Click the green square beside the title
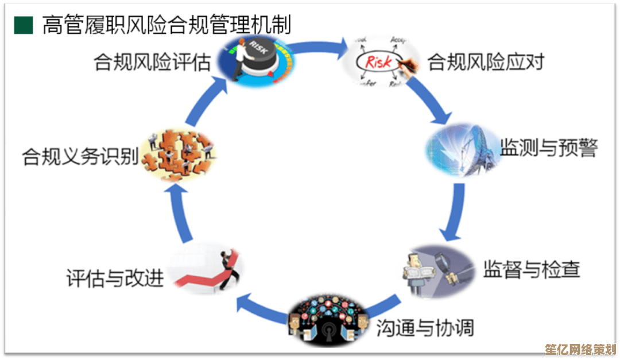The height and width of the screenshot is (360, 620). coord(24,25)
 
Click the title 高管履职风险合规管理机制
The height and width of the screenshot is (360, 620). coord(166,25)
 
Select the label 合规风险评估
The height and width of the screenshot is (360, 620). coord(153,62)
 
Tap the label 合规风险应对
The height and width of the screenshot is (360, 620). coord(486,61)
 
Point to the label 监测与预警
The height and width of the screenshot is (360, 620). coord(549,148)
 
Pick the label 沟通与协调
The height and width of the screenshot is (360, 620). coord(425,328)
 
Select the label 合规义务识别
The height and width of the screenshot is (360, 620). coord(80,156)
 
